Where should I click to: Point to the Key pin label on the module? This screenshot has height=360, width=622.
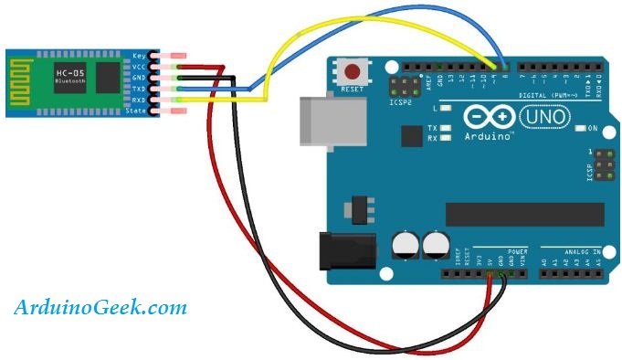140,56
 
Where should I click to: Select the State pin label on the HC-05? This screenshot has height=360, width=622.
136,111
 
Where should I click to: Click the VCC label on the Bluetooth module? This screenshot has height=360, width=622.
140,67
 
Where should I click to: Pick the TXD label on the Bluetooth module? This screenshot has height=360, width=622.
140,90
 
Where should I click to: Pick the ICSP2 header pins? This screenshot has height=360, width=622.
400,87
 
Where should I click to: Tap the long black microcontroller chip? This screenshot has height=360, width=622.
524,215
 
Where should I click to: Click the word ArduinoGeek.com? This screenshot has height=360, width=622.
100,308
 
